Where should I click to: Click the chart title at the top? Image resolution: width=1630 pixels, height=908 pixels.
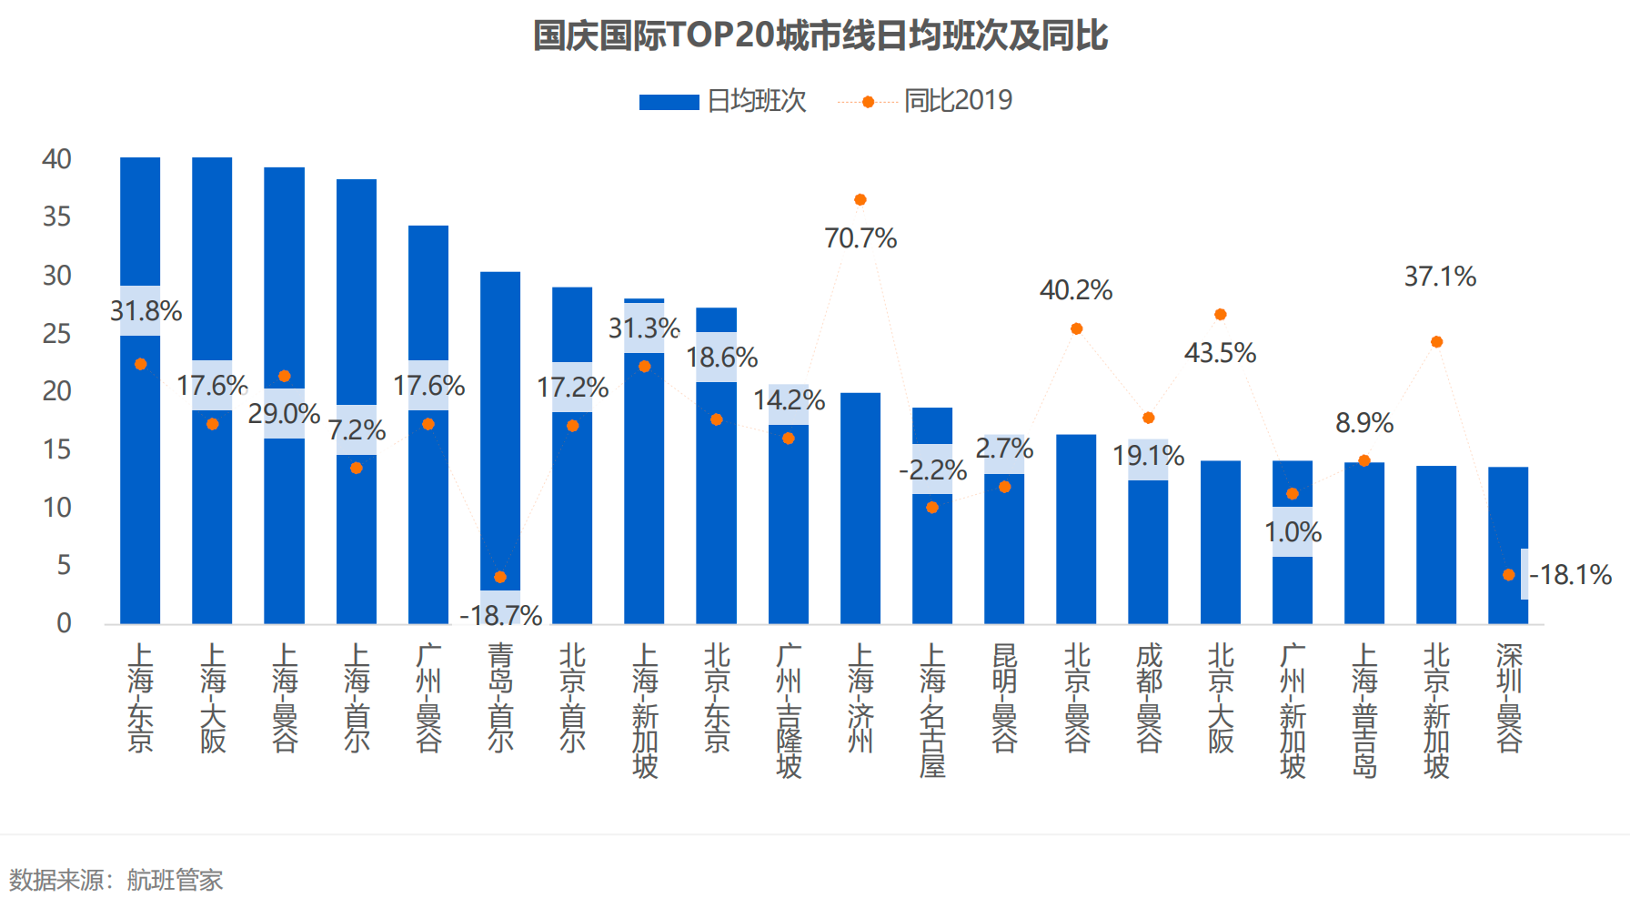click(x=820, y=35)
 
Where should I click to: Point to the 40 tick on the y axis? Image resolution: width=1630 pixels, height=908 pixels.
click(x=56, y=159)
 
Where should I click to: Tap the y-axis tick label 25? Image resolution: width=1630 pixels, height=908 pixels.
click(x=56, y=334)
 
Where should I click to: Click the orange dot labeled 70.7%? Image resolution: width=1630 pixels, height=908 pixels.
click(x=860, y=199)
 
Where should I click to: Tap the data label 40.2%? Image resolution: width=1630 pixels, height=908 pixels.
click(x=1076, y=290)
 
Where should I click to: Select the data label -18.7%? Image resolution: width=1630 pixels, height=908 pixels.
click(x=500, y=616)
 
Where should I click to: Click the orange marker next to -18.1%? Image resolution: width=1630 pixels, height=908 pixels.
click(x=1508, y=575)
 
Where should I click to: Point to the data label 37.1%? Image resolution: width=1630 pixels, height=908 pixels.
click(x=1440, y=277)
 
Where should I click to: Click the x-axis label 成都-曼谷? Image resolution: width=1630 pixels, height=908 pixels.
click(x=1149, y=699)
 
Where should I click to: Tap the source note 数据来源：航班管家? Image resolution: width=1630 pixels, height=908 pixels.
click(x=116, y=880)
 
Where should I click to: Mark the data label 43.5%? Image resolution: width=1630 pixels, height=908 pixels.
click(x=1220, y=353)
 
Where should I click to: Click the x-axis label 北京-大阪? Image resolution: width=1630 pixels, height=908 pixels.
click(x=1221, y=699)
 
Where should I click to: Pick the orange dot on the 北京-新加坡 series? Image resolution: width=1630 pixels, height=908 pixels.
click(x=1436, y=342)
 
